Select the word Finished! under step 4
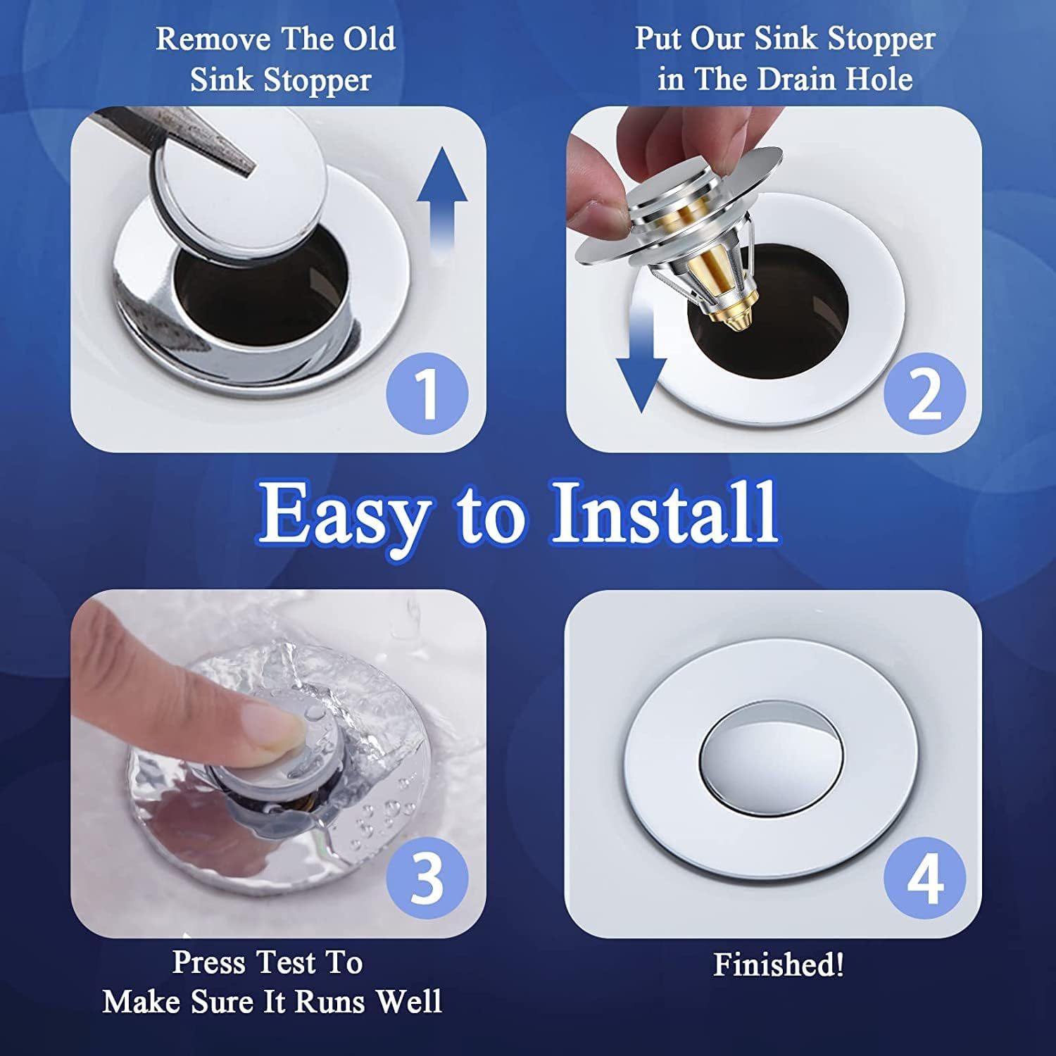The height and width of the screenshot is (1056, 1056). point(778,964)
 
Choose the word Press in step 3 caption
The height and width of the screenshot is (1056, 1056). point(209,962)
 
